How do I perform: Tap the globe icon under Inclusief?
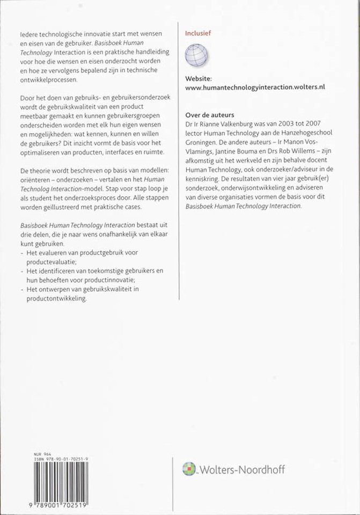click(x=197, y=56)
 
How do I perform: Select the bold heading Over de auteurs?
click(x=209, y=114)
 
